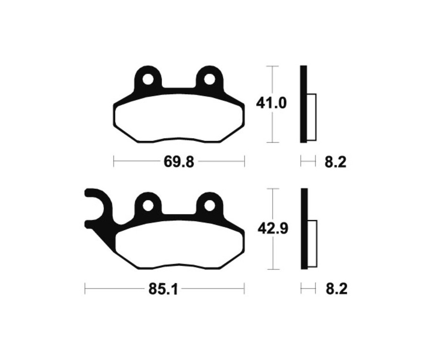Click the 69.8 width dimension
[x=179, y=162]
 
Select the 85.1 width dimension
[x=164, y=289]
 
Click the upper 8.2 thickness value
[x=335, y=162]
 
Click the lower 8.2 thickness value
[x=335, y=289]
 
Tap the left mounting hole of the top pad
[x=148, y=79]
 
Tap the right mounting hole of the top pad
[x=209, y=79]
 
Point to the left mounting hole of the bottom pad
[x=148, y=205]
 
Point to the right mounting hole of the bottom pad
[x=209, y=205]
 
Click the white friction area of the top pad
[x=179, y=117]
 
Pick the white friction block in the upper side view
[x=311, y=117]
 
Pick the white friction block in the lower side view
[x=311, y=244]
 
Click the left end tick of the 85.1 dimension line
[x=85, y=289]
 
